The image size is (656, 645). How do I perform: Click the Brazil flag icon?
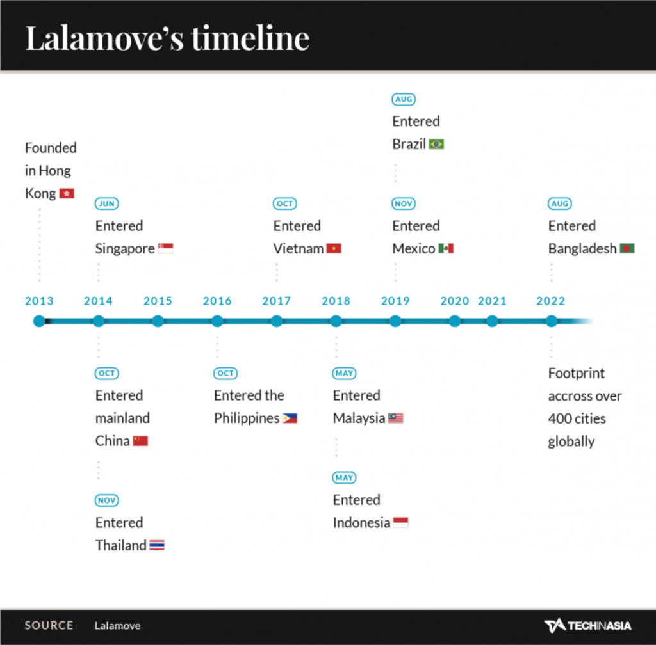(x=436, y=144)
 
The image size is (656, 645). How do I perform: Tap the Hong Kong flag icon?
(x=67, y=193)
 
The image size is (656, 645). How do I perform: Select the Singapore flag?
(x=166, y=248)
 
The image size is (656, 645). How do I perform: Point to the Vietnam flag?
(x=334, y=248)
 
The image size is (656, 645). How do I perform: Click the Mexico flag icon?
(x=446, y=248)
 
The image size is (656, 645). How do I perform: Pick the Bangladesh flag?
(x=627, y=248)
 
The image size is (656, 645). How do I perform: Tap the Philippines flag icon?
(x=290, y=418)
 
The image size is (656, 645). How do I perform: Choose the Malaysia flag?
(x=396, y=418)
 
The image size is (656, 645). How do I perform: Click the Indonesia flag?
(x=400, y=523)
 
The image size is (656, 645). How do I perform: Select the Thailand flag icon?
(x=157, y=545)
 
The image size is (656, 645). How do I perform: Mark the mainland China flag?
(x=140, y=441)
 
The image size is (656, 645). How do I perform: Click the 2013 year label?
(x=39, y=301)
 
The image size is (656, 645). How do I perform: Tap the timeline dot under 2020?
(x=455, y=321)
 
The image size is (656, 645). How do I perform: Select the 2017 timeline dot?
(x=277, y=321)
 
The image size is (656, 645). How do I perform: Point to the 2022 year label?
(x=550, y=301)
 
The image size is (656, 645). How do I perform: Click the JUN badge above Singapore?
(x=107, y=203)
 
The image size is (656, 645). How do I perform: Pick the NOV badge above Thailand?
(x=107, y=500)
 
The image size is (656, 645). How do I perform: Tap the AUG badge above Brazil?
(x=404, y=99)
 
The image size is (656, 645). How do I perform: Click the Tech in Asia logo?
(x=588, y=625)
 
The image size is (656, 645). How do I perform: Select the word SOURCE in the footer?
(x=49, y=625)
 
